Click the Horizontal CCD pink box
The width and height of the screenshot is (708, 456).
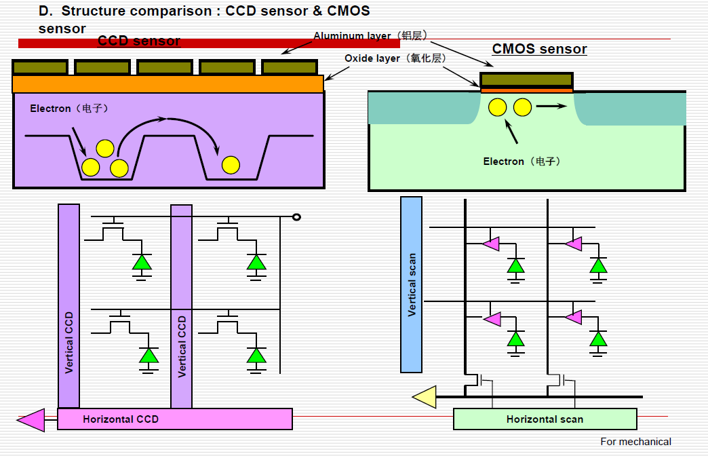[x=175, y=419]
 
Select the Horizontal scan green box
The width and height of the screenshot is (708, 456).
[x=545, y=419]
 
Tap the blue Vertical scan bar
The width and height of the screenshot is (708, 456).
[x=411, y=284]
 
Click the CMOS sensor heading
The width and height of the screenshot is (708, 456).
[x=539, y=49]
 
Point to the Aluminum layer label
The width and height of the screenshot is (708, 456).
[x=370, y=35]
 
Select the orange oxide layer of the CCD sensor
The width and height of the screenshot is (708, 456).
[x=168, y=83]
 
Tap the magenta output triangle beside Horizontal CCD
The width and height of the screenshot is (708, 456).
[x=31, y=420]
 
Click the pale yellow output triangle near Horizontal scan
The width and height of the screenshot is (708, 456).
[x=425, y=397]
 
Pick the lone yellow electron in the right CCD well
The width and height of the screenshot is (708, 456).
[x=231, y=164]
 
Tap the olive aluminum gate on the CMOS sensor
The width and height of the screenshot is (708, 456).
[x=526, y=80]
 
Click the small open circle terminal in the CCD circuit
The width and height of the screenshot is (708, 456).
[x=296, y=217]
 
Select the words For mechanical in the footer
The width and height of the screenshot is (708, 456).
[x=635, y=442]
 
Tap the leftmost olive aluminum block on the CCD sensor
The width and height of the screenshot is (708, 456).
[x=40, y=67]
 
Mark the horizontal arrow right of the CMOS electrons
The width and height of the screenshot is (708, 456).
[x=551, y=107]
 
